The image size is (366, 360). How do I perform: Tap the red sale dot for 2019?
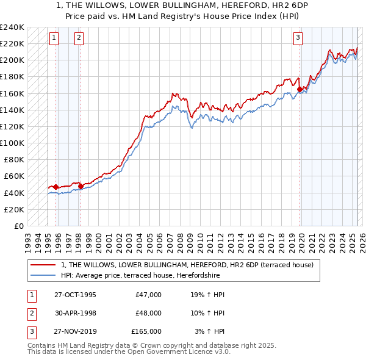click(300, 89)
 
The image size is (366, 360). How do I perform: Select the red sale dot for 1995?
click(56, 187)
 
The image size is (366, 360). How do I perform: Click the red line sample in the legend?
click(43, 265)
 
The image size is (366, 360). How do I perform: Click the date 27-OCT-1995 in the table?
click(74, 295)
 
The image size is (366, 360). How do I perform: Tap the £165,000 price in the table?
click(146, 331)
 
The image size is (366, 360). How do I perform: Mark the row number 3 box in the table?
click(31, 331)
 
